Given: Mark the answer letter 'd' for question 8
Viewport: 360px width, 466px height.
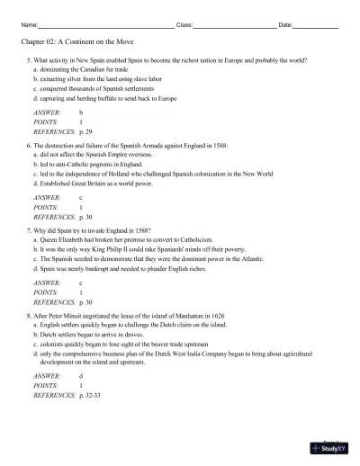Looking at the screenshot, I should point(81,375).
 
